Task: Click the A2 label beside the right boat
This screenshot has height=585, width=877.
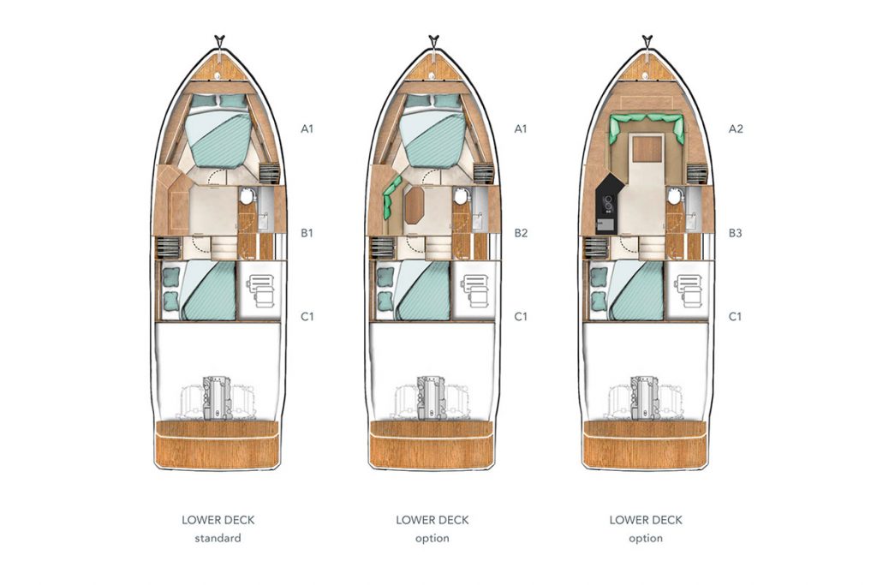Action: coord(736,128)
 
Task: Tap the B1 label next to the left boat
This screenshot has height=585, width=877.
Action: coord(307,233)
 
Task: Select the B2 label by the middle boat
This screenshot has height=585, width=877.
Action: coord(521,233)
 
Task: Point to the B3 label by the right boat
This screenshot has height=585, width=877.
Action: coord(735,233)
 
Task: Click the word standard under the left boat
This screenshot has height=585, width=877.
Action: coord(218,538)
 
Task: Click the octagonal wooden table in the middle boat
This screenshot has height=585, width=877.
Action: coord(415,205)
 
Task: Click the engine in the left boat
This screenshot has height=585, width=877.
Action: coord(217,397)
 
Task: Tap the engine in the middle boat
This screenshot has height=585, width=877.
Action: coord(432,397)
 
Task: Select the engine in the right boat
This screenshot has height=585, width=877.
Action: coord(646,397)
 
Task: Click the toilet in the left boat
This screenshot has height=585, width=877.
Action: coord(247,196)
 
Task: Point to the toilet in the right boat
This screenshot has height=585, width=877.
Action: coord(675,196)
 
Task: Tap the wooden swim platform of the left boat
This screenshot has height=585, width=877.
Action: coord(217,445)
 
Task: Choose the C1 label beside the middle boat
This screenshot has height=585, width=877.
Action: coord(521,317)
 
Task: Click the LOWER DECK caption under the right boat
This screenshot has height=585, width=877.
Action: coord(646,520)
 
